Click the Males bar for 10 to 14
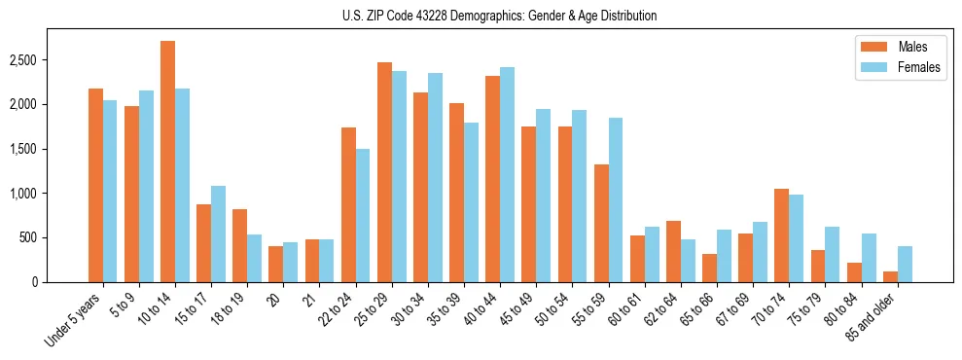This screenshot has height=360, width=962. [x=167, y=162]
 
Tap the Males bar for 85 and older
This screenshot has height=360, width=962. [x=890, y=276]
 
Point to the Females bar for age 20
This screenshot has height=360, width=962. [x=290, y=263]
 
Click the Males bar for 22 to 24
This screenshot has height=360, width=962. [x=348, y=205]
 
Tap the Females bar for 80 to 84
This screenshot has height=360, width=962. [x=869, y=258]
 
